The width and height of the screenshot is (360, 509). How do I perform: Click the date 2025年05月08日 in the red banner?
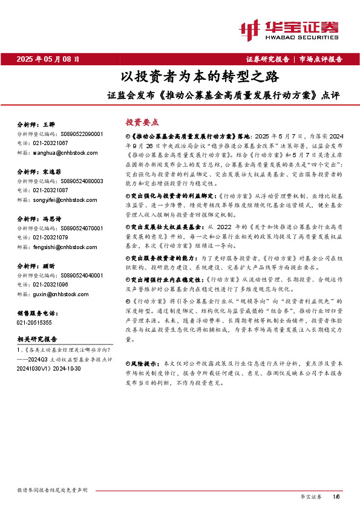(x=48, y=59)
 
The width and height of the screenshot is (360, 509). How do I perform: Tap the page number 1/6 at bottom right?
(x=336, y=496)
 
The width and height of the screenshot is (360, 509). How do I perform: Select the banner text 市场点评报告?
(x=321, y=59)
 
